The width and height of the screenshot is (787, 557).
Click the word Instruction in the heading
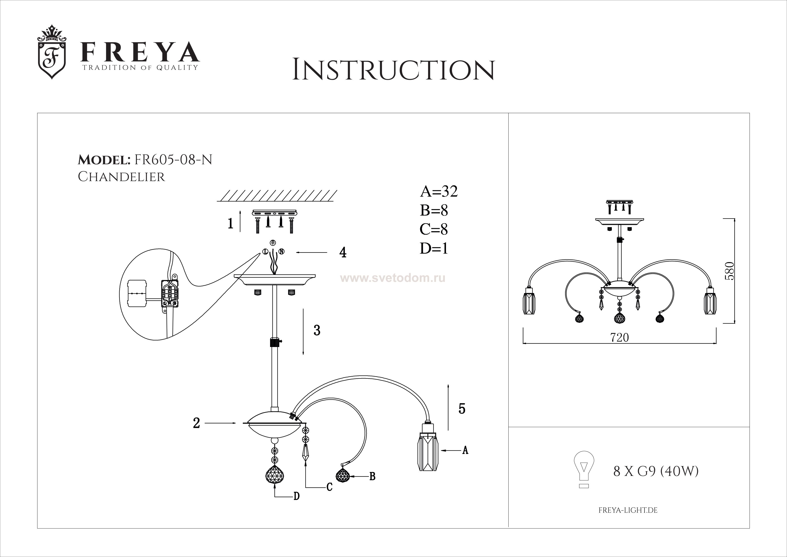click(393, 70)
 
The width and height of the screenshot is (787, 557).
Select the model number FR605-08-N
click(173, 160)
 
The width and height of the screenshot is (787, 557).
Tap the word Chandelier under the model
click(121, 177)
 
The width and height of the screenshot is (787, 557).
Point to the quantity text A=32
click(439, 192)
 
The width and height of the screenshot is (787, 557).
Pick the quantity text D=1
click(434, 248)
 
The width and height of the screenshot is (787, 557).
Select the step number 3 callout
click(317, 330)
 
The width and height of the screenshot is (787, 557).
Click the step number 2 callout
click(196, 423)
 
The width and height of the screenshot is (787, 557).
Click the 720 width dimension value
click(619, 338)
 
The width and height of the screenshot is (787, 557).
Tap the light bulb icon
click(584, 469)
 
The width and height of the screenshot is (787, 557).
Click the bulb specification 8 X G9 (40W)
click(655, 472)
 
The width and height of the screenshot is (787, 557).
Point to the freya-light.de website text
click(628, 510)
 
